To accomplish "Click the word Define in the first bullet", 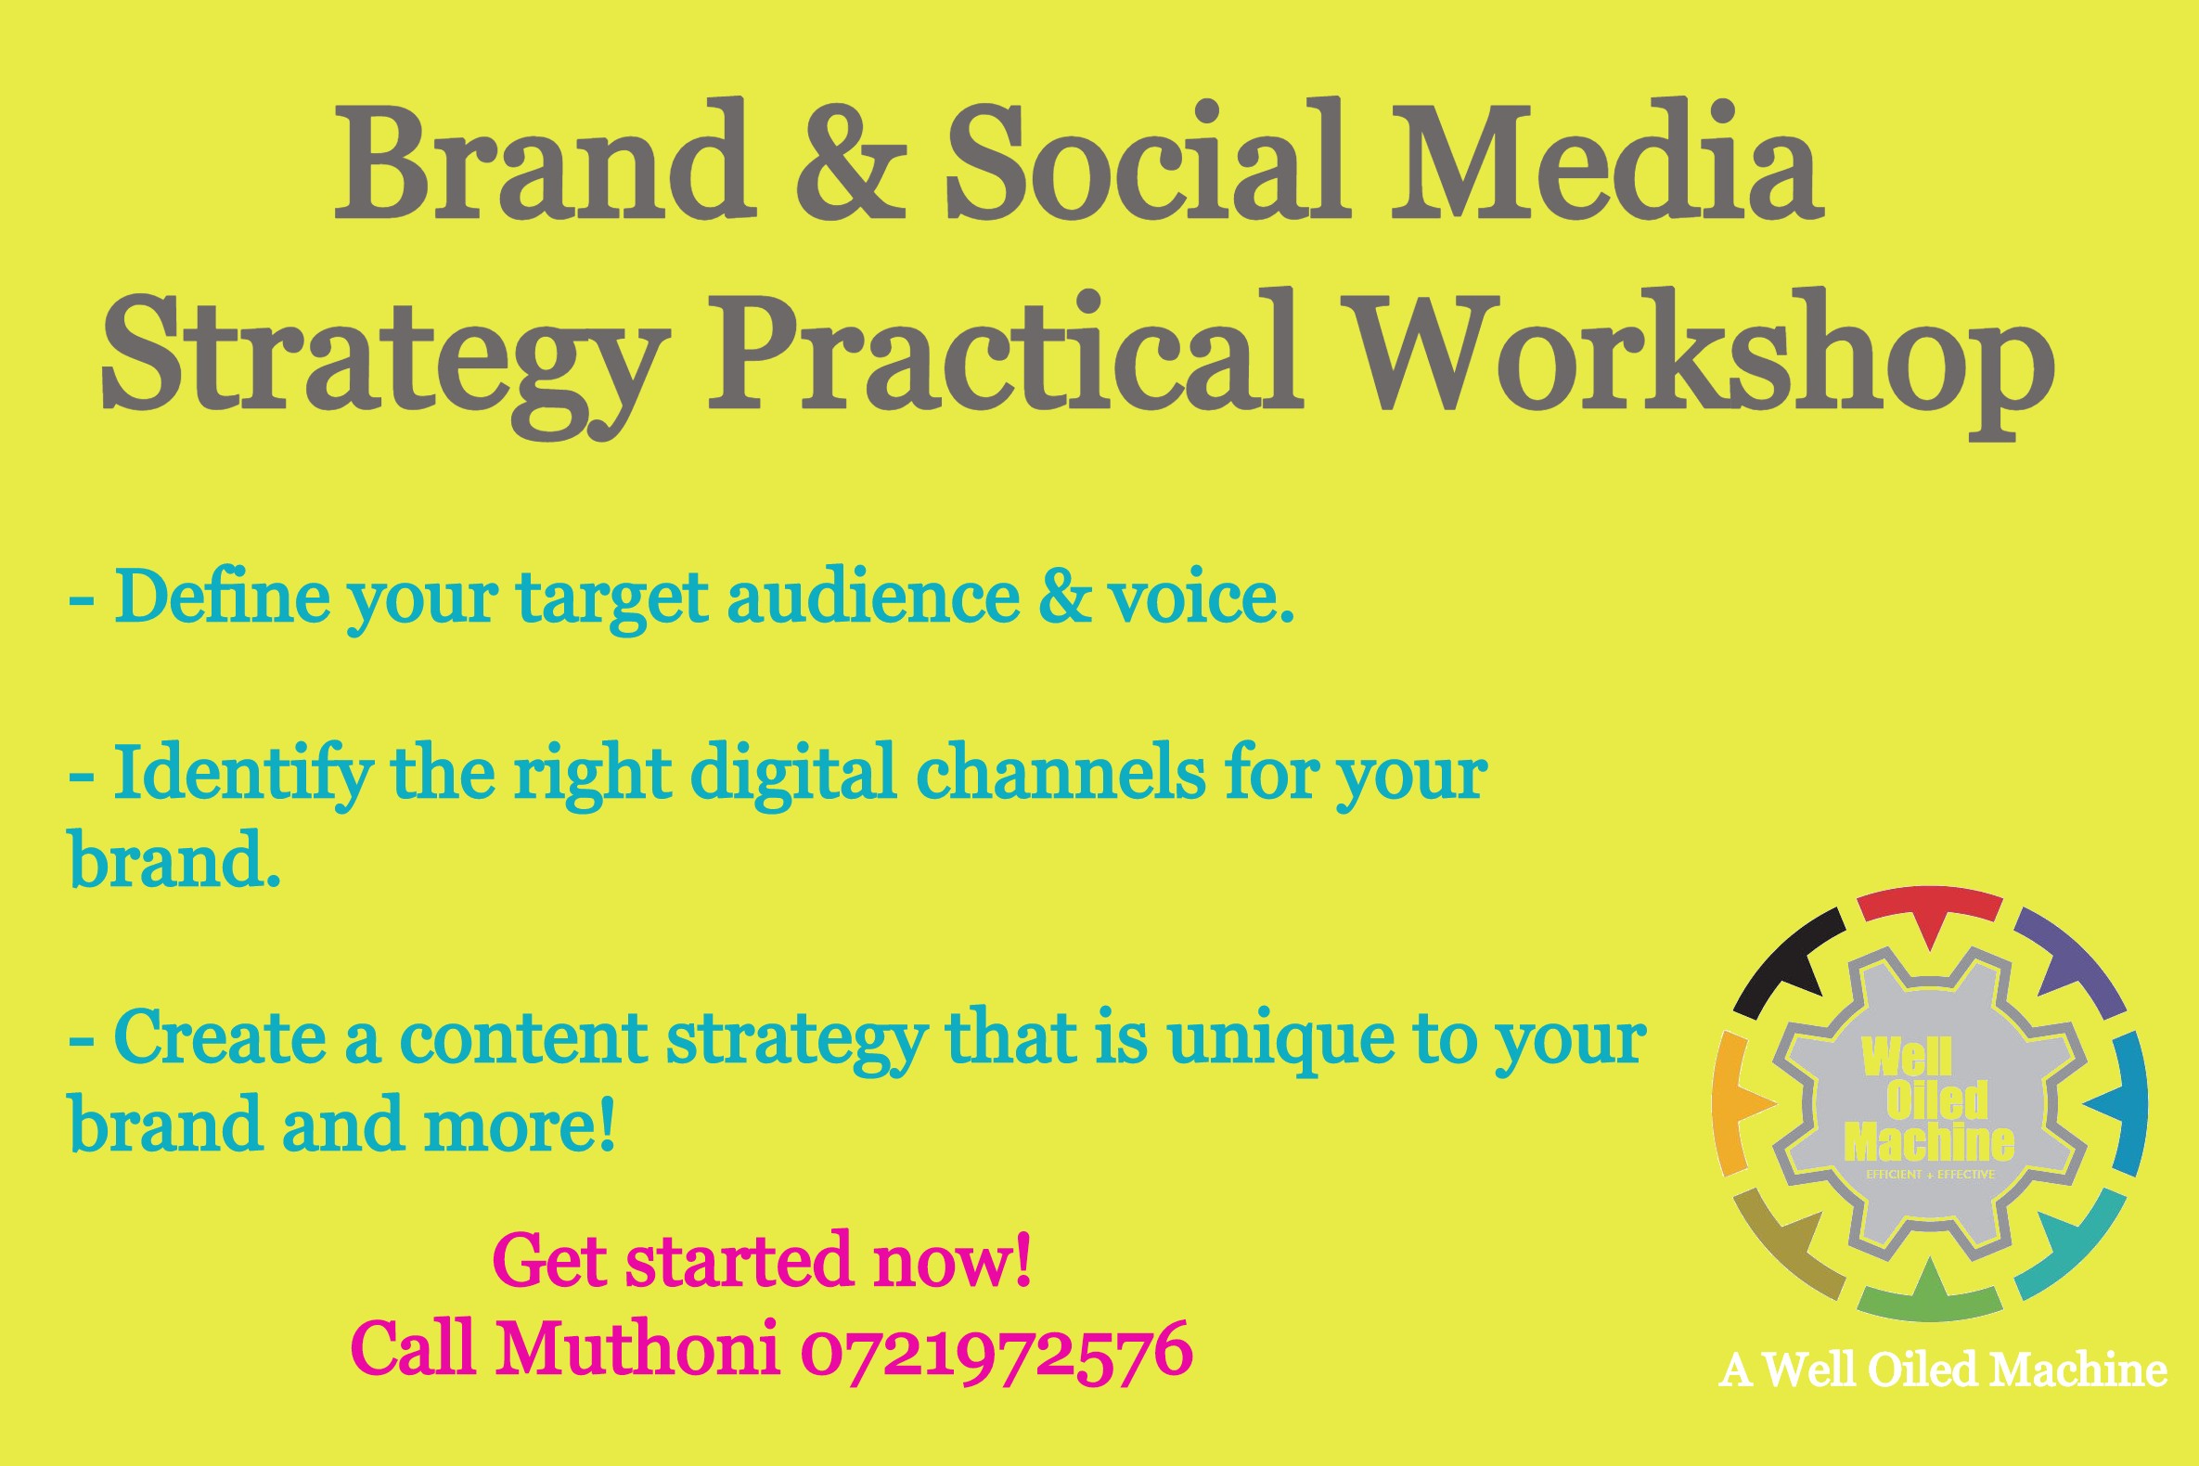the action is (223, 596).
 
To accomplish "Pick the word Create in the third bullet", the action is (221, 1037).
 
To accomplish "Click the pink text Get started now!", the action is (762, 1260).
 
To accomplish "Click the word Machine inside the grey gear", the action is (1928, 1140).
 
